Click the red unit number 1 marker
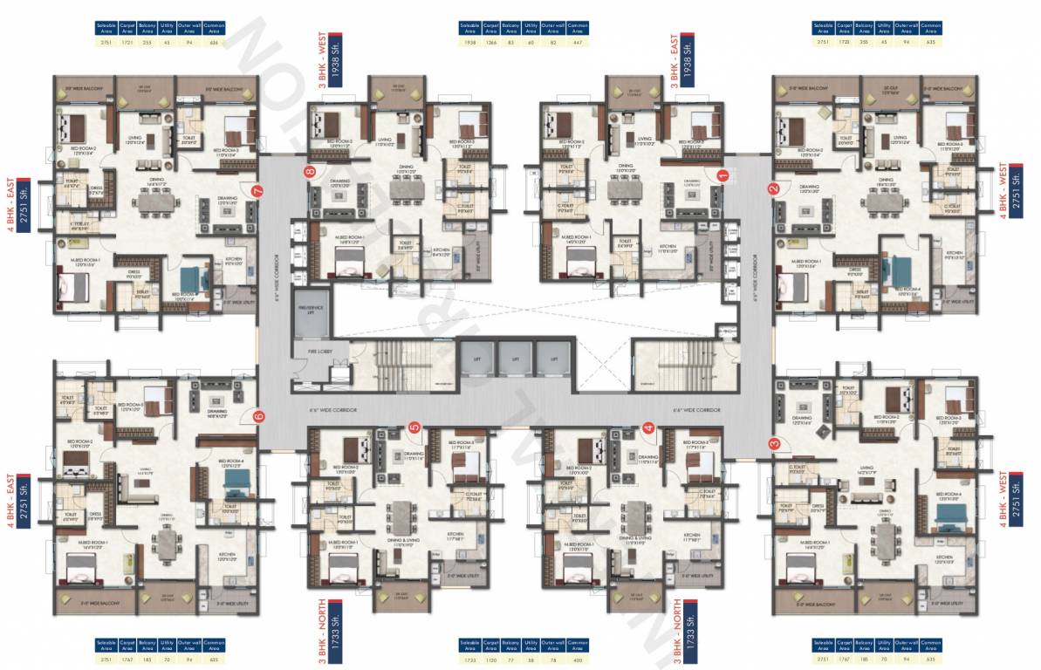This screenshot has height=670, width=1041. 722,174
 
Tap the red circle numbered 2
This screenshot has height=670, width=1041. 773,188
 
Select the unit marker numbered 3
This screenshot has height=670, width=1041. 773,444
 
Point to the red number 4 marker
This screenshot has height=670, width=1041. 648,427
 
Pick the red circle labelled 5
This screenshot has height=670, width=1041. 414,427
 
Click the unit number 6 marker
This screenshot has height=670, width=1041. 258,416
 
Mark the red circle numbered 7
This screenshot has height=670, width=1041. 257,190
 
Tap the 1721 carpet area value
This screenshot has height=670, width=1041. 127,42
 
